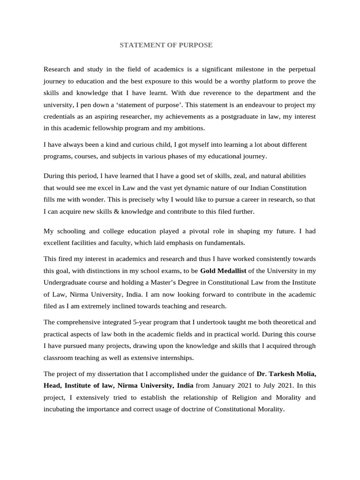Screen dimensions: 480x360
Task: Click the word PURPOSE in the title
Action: coord(195,45)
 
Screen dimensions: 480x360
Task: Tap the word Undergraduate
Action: coord(67,282)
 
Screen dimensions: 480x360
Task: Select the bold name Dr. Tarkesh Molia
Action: coord(286,374)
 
